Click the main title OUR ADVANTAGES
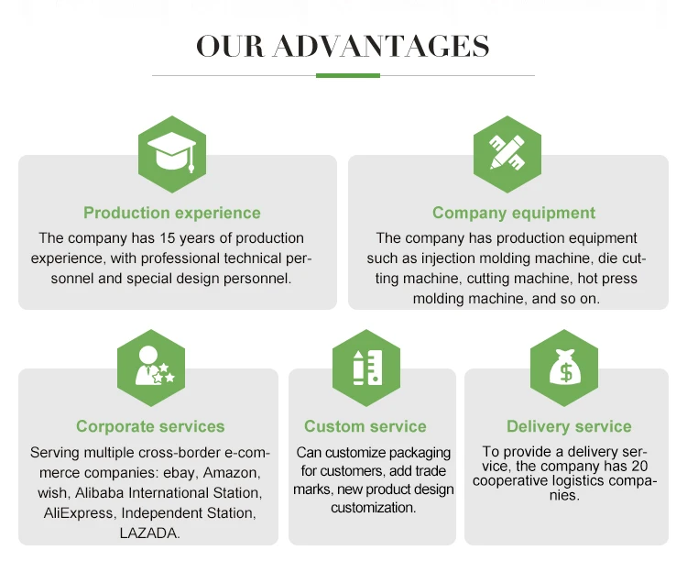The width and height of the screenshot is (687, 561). click(x=343, y=46)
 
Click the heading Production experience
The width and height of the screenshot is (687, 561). click(x=172, y=213)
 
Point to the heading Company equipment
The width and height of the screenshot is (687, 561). click(x=514, y=213)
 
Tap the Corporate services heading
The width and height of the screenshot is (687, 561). click(x=150, y=426)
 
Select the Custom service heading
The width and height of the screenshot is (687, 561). click(x=365, y=426)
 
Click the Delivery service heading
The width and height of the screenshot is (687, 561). click(x=569, y=426)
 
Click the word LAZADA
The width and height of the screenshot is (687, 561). click(x=150, y=533)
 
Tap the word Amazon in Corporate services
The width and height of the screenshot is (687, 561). click(x=232, y=472)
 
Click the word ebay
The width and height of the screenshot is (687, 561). click(x=179, y=472)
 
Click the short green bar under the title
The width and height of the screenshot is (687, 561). click(x=347, y=75)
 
